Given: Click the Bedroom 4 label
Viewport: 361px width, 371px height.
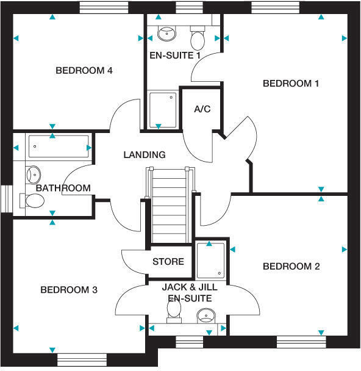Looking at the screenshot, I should click(84, 71).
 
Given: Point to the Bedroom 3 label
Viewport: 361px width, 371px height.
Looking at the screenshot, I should click(69, 290).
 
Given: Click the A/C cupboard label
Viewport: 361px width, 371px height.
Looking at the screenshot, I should click(202, 109).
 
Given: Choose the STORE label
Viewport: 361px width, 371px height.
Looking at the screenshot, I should click(168, 262).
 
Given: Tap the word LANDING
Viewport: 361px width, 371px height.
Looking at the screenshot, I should click(145, 155).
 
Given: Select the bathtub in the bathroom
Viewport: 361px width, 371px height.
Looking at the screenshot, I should click(59, 147).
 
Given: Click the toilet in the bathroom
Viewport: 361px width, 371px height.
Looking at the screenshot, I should click(32, 201).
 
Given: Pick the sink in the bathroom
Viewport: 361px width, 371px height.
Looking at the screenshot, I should click(33, 174).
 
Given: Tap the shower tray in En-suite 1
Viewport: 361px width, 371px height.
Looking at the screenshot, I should click(163, 109).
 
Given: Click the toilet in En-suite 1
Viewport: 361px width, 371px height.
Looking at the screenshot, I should click(198, 39).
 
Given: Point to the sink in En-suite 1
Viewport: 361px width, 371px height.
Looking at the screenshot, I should click(165, 32).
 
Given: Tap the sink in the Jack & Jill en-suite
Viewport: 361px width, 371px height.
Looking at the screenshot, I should click(206, 315).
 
